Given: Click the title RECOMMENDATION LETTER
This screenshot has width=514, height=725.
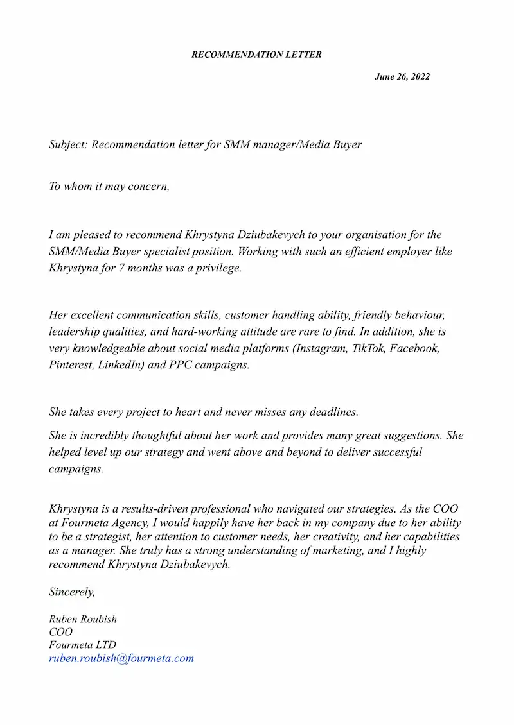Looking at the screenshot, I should (256, 55).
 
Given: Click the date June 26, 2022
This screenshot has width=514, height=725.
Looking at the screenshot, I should (402, 77).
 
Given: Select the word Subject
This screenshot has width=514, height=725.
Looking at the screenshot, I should (67, 144).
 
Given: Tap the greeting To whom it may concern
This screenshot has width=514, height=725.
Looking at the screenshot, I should (109, 187).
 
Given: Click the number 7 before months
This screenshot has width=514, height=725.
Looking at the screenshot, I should (121, 268).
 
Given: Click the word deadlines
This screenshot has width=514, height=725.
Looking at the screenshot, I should (331, 411).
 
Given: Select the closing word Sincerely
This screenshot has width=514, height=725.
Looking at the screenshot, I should (71, 592).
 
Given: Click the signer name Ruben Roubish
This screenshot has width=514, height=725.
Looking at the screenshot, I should (83, 620).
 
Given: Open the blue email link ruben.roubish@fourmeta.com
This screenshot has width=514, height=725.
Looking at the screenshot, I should (121, 658).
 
